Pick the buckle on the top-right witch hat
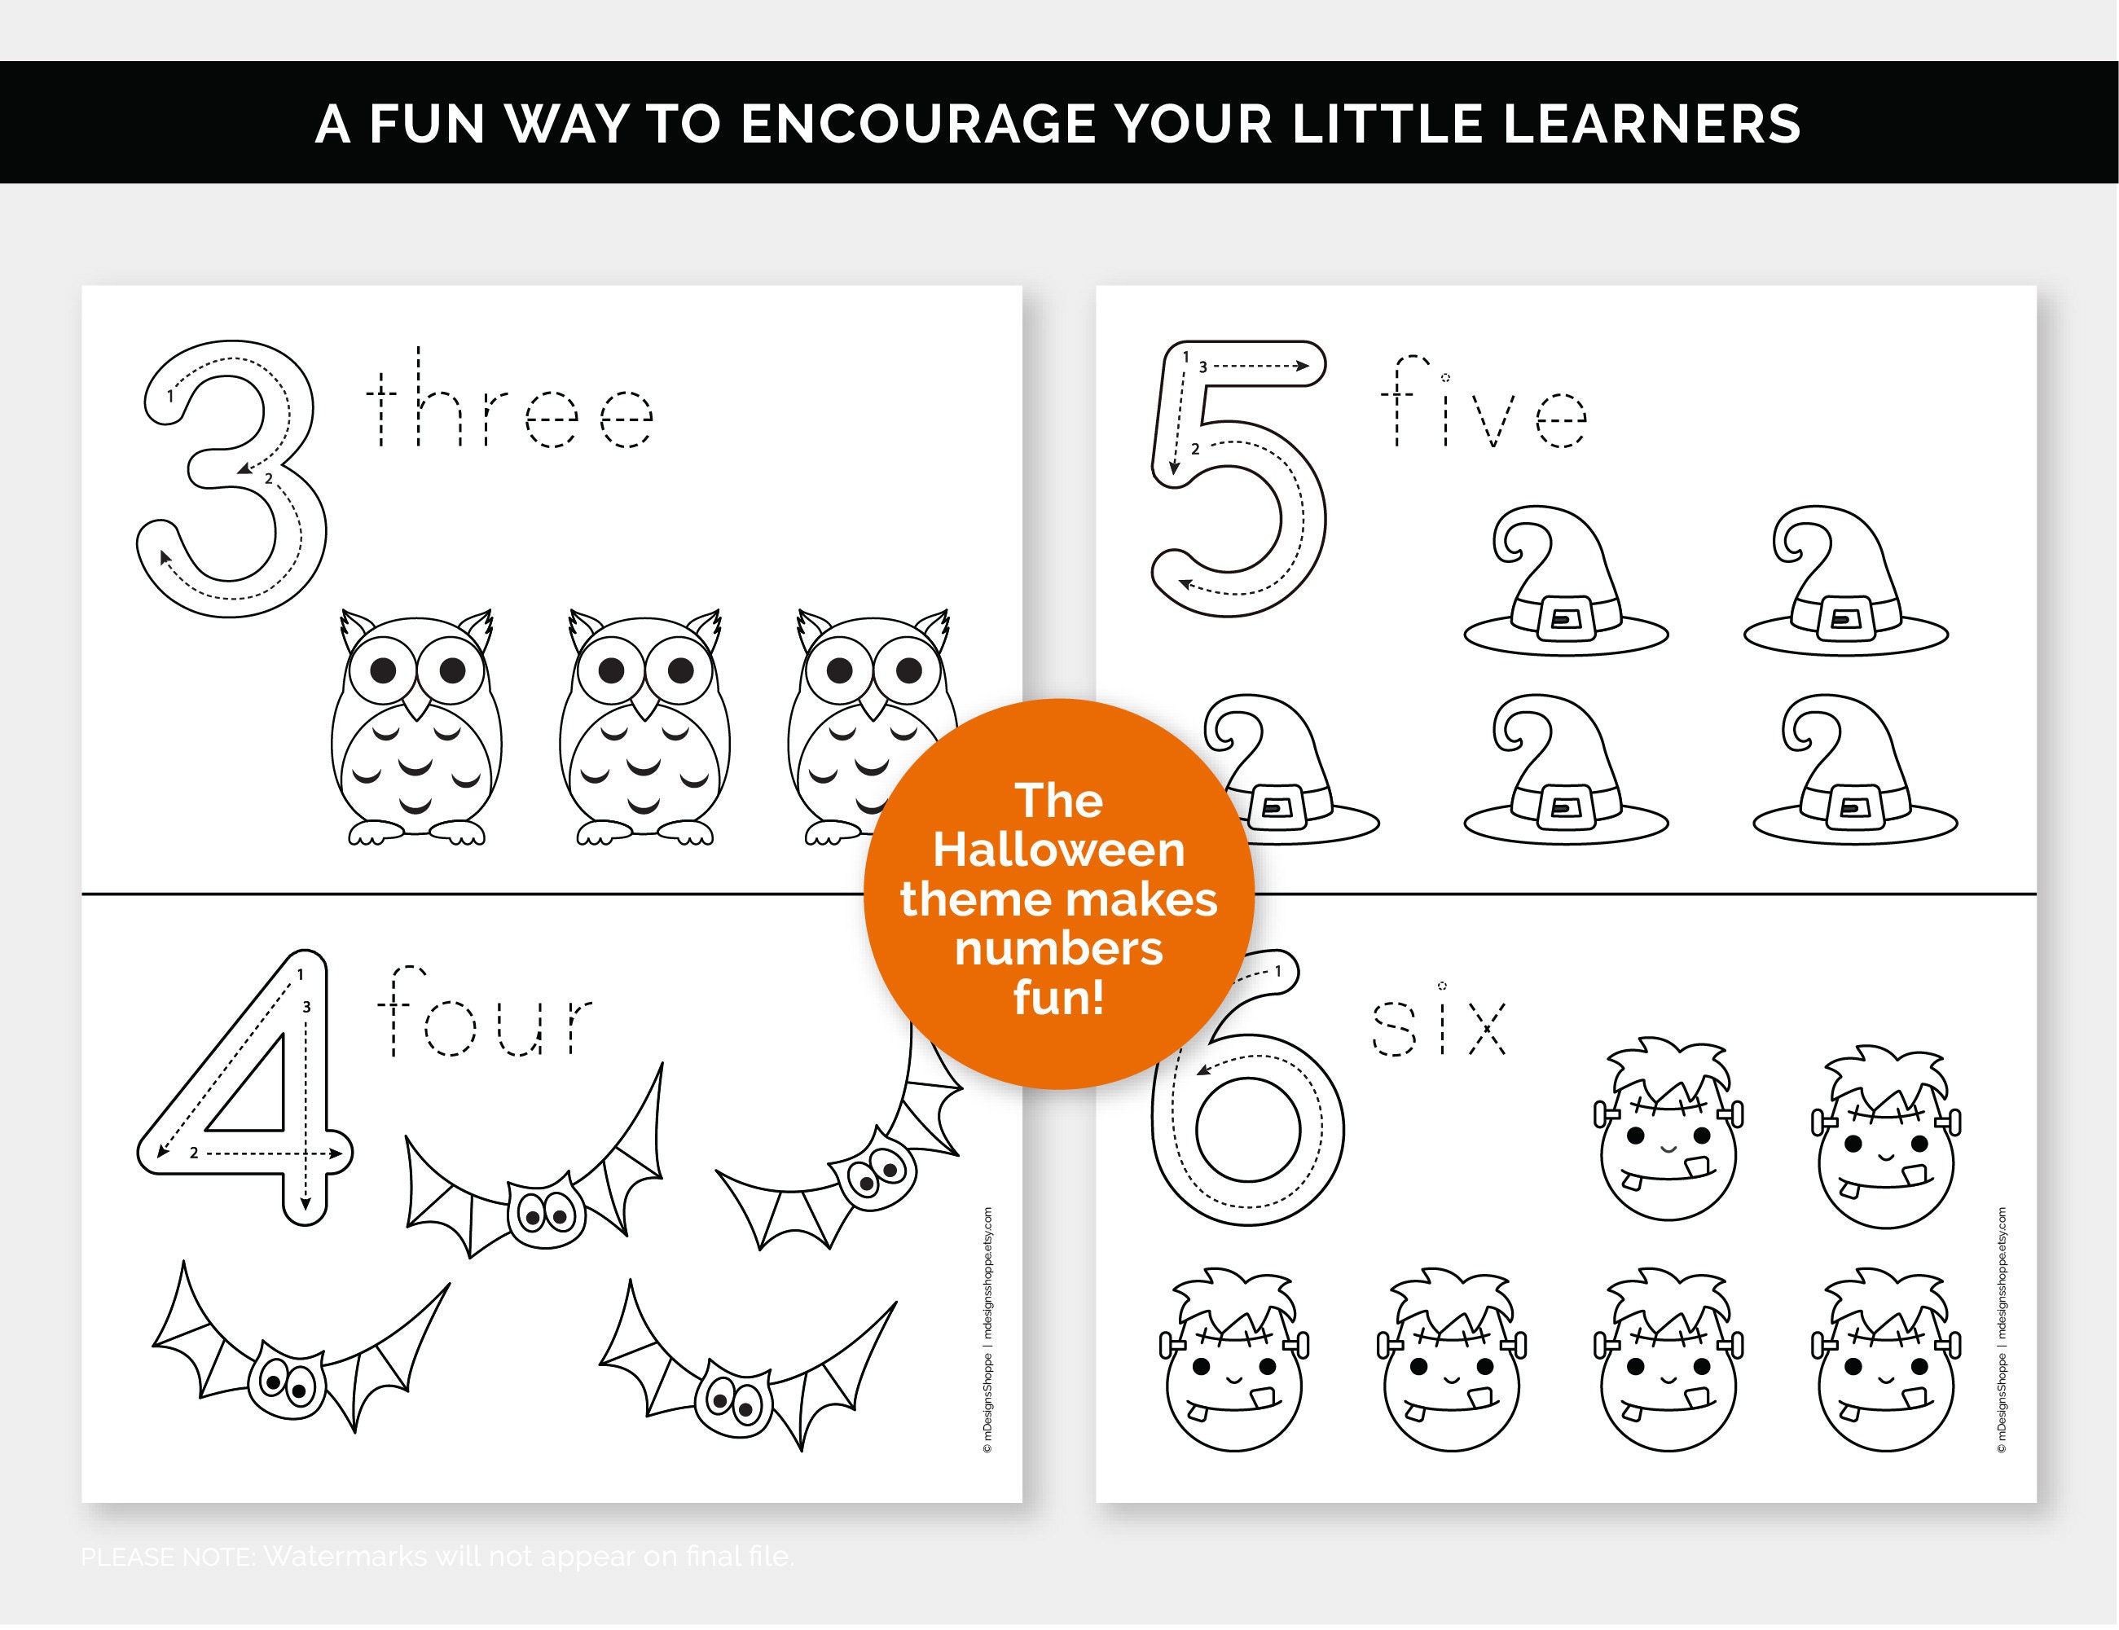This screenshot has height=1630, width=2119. click(x=1841, y=618)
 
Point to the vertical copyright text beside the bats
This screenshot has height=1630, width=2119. click(x=987, y=1329)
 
